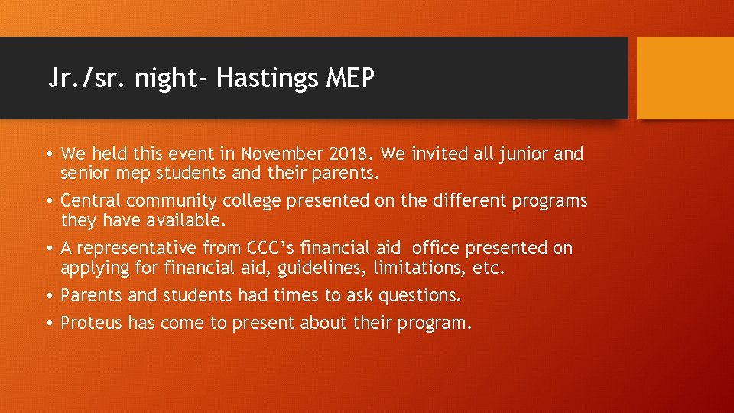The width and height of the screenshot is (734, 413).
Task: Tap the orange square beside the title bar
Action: coord(684,78)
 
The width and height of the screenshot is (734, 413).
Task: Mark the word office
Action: coord(437,248)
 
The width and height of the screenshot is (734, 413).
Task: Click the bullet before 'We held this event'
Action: coord(49,154)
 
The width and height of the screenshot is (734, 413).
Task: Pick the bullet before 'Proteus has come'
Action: coord(49,324)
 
